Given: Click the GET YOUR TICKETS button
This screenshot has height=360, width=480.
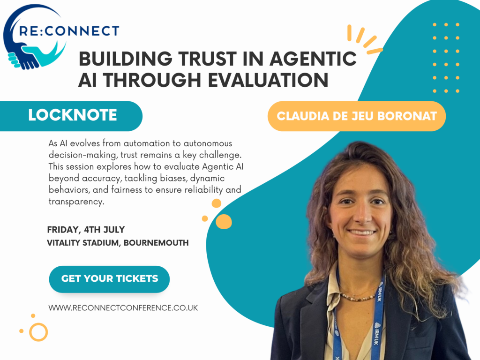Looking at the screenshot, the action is pyautogui.click(x=109, y=279).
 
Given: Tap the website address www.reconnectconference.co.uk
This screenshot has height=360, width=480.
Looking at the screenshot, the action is pyautogui.click(x=123, y=307).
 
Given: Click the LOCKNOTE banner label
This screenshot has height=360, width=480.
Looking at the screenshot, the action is pyautogui.click(x=73, y=115).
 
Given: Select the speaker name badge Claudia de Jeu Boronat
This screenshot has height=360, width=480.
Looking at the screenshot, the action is pyautogui.click(x=357, y=116).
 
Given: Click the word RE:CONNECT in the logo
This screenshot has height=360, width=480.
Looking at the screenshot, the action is pyautogui.click(x=69, y=31).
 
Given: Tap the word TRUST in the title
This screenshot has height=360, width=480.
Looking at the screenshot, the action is pyautogui.click(x=208, y=59).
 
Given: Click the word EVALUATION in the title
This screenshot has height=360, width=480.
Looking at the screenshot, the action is pyautogui.click(x=268, y=80).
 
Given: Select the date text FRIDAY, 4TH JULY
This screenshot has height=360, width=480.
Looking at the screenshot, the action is pyautogui.click(x=86, y=230).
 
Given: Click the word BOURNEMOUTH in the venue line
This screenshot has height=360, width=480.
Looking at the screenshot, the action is pyautogui.click(x=156, y=243).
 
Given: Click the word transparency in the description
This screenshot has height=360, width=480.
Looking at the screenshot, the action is pyautogui.click(x=76, y=202).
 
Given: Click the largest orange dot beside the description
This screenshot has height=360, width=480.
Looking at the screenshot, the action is pyautogui.click(x=224, y=222).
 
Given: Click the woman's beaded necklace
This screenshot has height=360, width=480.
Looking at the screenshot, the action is pyautogui.click(x=359, y=296).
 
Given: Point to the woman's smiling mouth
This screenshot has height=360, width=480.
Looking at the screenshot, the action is pyautogui.click(x=361, y=232).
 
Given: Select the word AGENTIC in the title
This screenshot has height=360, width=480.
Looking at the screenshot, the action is pyautogui.click(x=313, y=59).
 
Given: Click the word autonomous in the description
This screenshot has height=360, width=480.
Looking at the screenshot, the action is pyautogui.click(x=208, y=143).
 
